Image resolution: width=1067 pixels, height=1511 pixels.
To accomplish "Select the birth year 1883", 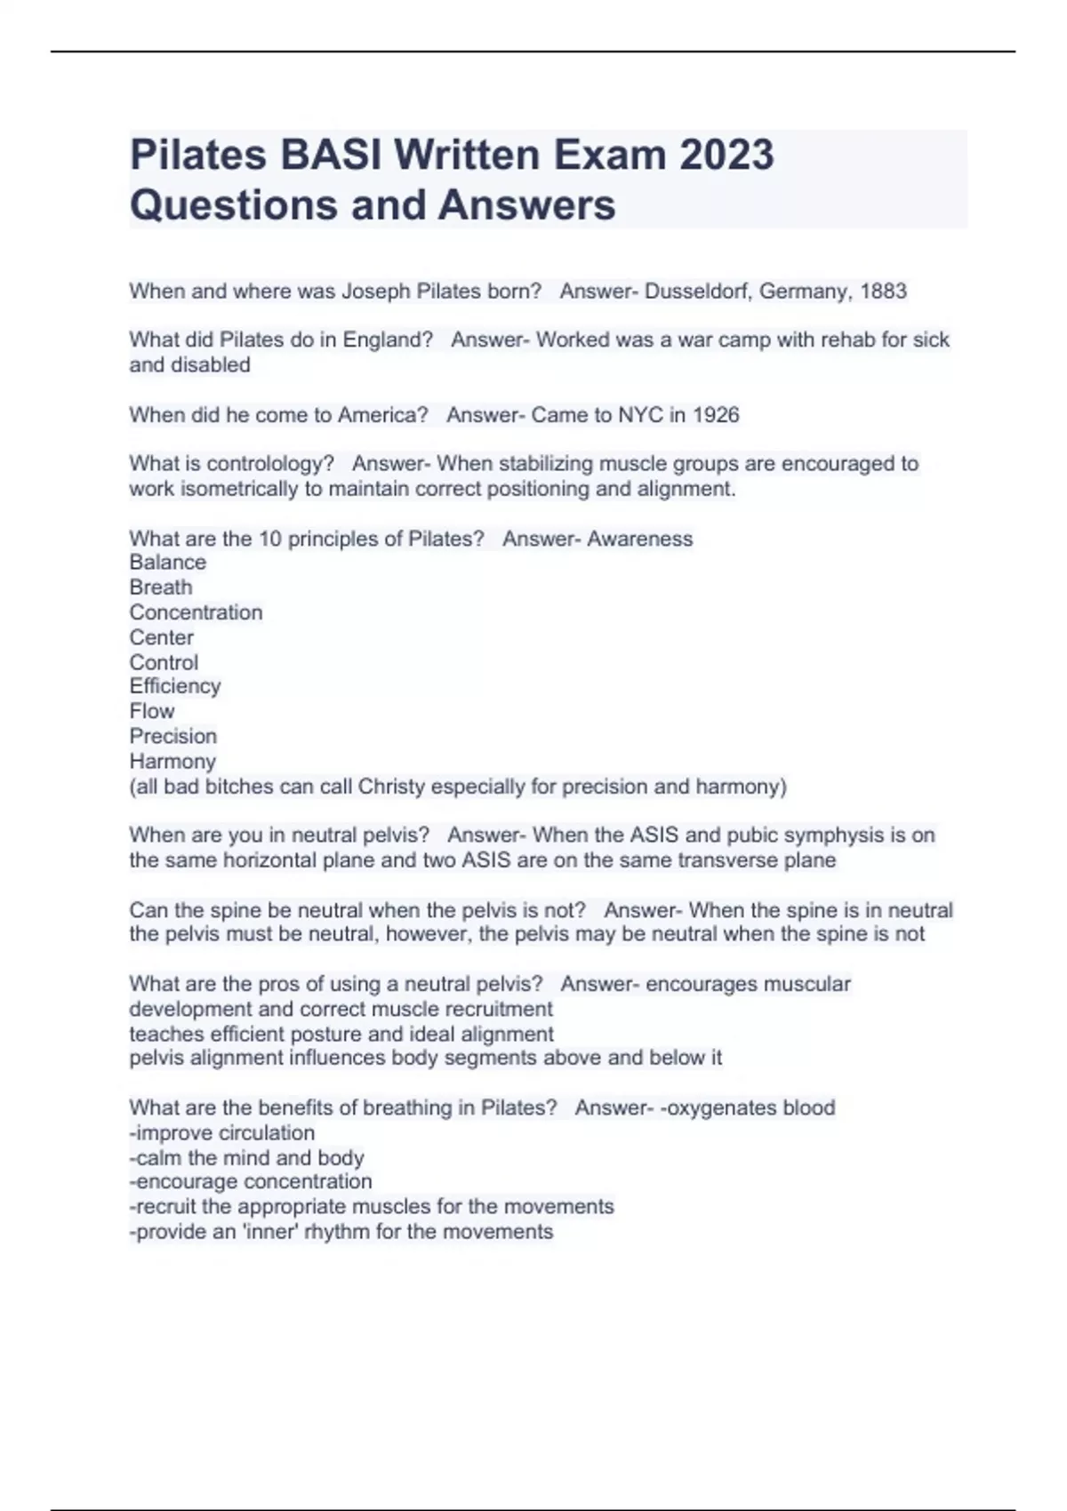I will pos(883,292).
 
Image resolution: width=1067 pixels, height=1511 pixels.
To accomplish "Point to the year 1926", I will pos(716,415).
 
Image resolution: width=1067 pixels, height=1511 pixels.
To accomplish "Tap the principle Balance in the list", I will pos(167,563).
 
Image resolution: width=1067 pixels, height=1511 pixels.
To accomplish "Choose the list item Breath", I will pos(161,588).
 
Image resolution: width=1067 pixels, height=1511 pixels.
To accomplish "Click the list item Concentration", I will pos(196,612).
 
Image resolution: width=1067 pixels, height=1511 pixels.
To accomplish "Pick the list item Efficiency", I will pos(175,686).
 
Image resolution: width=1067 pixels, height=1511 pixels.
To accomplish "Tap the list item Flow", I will pos(152,711).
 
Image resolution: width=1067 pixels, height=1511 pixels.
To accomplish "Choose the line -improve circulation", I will pos(222,1133).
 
